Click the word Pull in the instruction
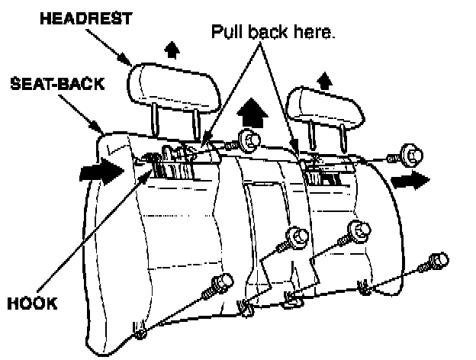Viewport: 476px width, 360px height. coord(227,34)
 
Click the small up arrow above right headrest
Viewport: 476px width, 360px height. coord(325,78)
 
